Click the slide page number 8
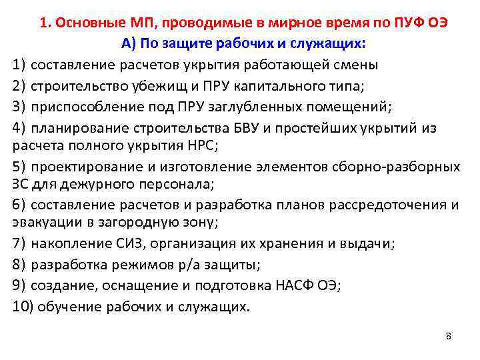point(449,335)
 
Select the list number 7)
point(19,243)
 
